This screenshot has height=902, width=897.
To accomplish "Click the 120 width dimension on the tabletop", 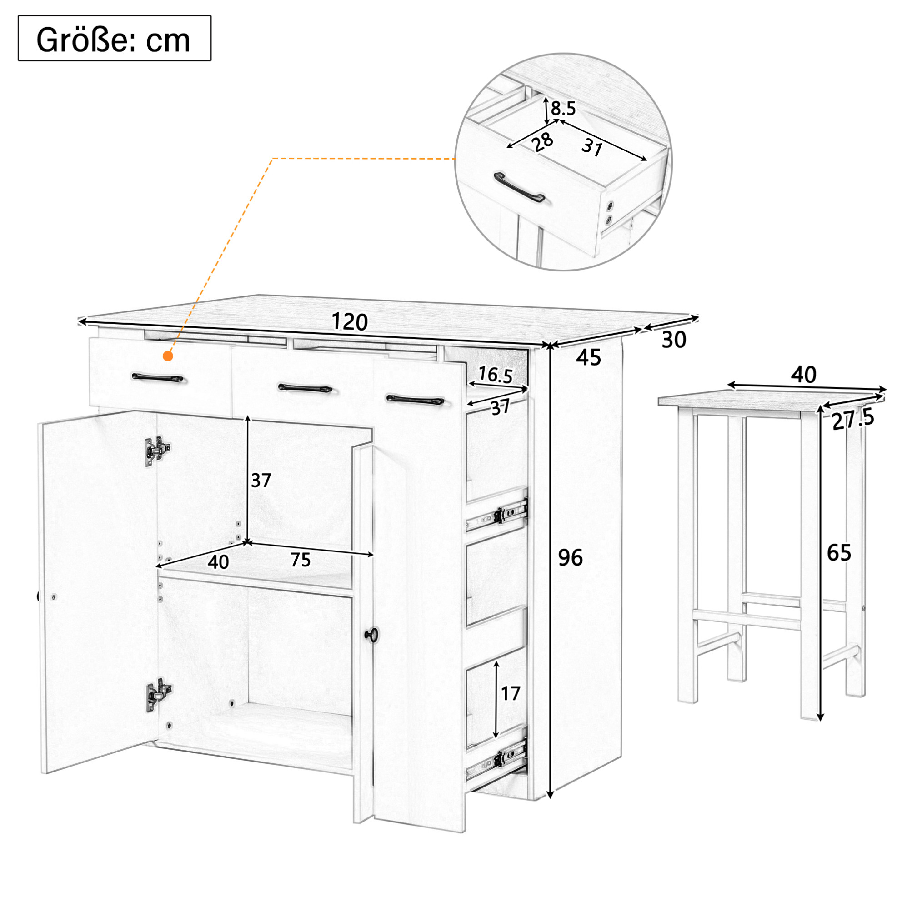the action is click(x=349, y=322).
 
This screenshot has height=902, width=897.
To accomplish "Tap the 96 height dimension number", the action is click(x=571, y=557).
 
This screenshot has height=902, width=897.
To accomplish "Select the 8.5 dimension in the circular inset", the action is click(x=563, y=109).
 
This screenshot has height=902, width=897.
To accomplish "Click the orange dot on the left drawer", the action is click(x=168, y=356).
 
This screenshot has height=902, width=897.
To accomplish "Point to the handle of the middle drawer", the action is click(x=305, y=388).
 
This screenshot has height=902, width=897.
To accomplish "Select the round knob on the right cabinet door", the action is click(x=371, y=634).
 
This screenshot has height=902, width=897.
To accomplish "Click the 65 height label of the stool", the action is click(x=839, y=553).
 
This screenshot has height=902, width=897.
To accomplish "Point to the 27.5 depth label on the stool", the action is click(x=853, y=420).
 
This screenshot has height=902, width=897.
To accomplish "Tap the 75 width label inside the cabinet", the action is click(x=300, y=560).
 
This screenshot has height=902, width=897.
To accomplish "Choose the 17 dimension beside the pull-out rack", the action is click(x=511, y=693).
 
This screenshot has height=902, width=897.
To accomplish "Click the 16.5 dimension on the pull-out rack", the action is click(x=496, y=375).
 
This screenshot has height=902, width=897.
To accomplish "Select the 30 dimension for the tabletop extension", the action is click(x=674, y=340).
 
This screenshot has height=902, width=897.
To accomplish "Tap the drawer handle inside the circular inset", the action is click(x=519, y=187).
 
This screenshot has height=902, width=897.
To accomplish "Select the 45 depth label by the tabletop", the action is click(x=588, y=358).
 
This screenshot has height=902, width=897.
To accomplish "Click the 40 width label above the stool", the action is click(x=804, y=375).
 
